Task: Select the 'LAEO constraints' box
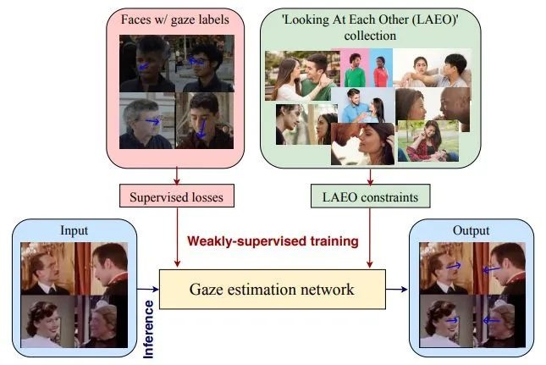point(370,196)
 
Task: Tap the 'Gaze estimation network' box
point(273,289)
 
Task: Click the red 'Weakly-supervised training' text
point(273,241)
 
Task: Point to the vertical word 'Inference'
point(149,329)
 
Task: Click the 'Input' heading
point(74,230)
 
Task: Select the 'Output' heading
point(471,230)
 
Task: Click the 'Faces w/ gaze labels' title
point(174,19)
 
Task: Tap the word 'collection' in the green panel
point(370,36)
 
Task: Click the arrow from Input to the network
point(148,289)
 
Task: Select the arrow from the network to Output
point(397,289)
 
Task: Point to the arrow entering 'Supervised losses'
point(177,176)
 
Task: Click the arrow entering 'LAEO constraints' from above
point(370,177)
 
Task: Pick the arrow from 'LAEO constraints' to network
point(370,238)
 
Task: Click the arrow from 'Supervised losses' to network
point(177,237)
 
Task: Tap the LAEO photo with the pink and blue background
point(367,68)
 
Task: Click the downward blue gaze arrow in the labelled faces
point(201,129)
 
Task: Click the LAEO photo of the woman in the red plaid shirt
point(428,141)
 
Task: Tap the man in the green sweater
point(355,70)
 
